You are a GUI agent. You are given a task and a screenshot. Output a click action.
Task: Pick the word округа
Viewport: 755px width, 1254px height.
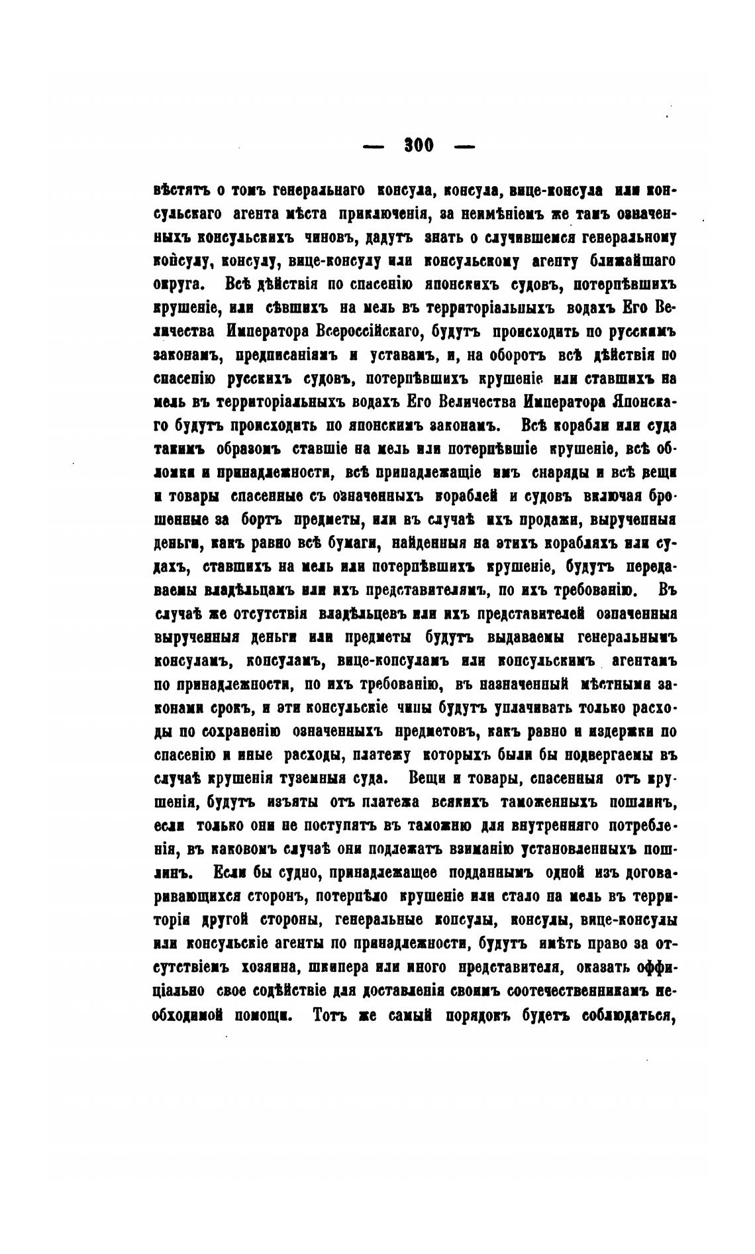(176, 285)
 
